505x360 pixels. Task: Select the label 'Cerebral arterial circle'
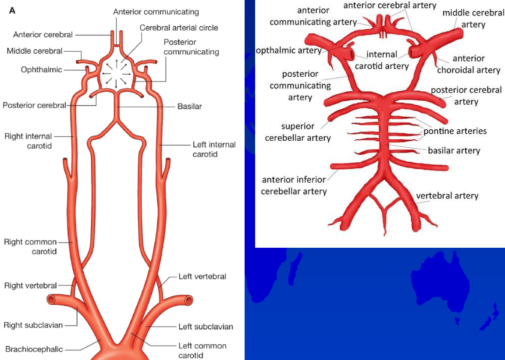[x=179, y=28]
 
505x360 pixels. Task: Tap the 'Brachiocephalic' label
[x=34, y=349]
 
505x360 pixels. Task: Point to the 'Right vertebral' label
[x=31, y=285]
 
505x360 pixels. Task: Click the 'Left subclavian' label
[x=206, y=327]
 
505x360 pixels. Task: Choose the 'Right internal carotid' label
[x=28, y=141]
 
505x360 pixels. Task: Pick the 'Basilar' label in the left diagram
[x=189, y=106]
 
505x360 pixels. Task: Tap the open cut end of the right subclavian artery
[x=51, y=300]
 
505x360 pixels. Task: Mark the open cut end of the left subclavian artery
[x=189, y=300]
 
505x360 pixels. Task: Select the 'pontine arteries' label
[x=455, y=131]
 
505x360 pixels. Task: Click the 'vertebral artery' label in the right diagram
[x=447, y=196]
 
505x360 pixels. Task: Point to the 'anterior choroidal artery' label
[x=469, y=64]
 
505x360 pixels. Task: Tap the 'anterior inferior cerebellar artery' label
[x=294, y=185]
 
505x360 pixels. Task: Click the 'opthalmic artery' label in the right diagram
[x=288, y=50]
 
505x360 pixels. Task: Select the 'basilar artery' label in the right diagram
[x=454, y=151]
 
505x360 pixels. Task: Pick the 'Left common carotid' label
[x=203, y=350]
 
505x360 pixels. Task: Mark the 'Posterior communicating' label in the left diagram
[x=191, y=47]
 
